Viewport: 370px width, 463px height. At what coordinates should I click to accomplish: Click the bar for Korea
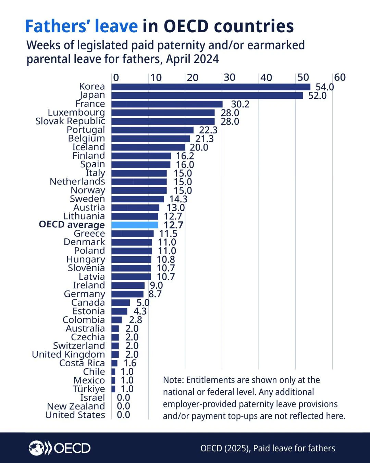click(211, 87)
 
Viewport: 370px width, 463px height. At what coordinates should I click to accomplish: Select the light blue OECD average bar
click(135, 225)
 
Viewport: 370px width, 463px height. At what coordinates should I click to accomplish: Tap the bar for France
click(167, 104)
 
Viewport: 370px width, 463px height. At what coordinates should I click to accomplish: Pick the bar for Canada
click(121, 302)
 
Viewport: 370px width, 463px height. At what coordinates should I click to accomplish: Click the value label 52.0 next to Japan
click(317, 96)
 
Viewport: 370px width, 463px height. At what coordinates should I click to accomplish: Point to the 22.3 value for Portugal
click(208, 130)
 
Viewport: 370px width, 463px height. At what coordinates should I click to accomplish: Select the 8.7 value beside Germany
click(155, 294)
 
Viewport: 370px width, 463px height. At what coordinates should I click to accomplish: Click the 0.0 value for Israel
click(123, 397)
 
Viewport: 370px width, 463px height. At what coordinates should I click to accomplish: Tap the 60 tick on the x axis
click(340, 78)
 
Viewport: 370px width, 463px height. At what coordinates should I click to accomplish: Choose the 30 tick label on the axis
click(230, 78)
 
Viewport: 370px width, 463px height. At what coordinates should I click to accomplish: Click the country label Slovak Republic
click(70, 121)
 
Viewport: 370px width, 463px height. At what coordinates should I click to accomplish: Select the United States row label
click(75, 415)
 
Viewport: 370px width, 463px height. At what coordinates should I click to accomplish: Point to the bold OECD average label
click(72, 225)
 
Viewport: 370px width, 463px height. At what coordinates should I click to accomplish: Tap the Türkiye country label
click(89, 389)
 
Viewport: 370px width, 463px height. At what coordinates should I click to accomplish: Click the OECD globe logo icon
click(36, 448)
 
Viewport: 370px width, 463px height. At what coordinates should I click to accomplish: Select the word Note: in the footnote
click(173, 380)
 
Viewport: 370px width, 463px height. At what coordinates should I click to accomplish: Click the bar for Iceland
click(148, 147)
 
